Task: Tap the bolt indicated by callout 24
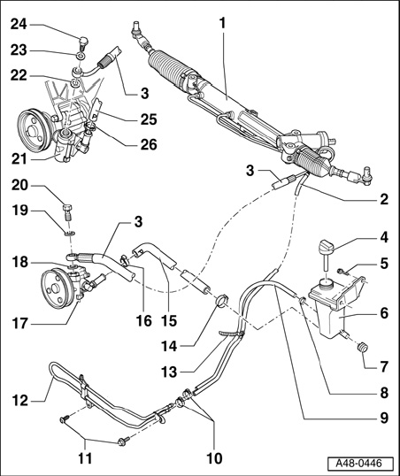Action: point(82,43)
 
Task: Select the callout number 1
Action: point(223,23)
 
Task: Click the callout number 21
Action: point(19,158)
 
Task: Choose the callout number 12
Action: point(20,401)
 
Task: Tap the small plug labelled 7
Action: point(361,347)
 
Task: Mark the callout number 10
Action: point(214,457)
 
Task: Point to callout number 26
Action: point(149,144)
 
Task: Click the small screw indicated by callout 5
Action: point(342,271)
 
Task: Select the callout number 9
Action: point(384,418)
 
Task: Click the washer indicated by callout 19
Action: point(70,234)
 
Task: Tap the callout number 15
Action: point(169,320)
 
